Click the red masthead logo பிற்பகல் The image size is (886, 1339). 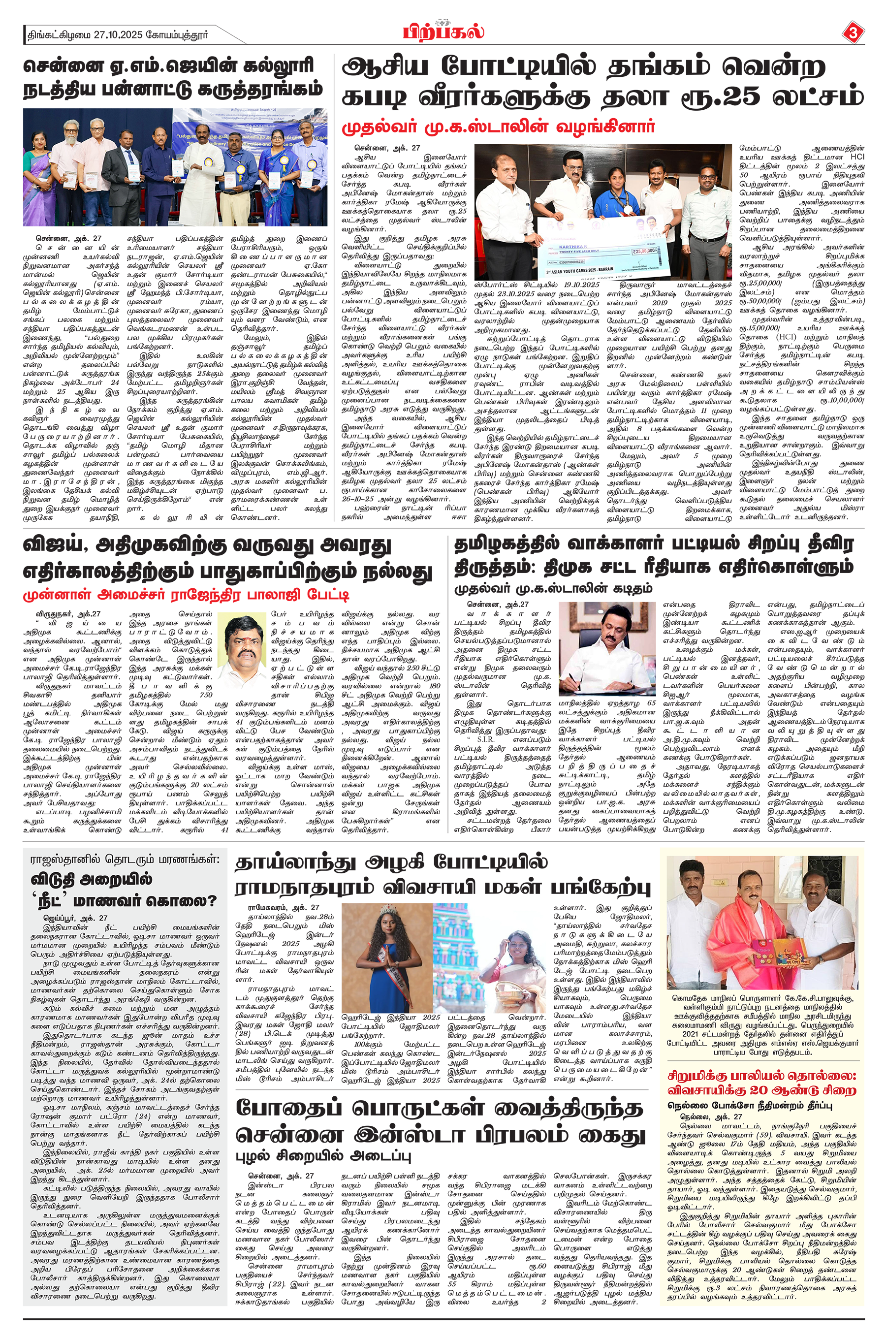(x=443, y=32)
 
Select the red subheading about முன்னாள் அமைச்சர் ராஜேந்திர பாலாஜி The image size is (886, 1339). (x=187, y=595)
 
